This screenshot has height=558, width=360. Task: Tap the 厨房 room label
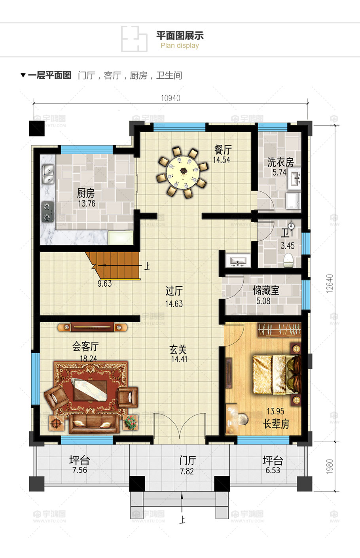coord(86,193)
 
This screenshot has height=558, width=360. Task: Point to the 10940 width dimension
coord(171,98)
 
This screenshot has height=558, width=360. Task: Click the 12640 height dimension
coord(330,283)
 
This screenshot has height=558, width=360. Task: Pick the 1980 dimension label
coord(330,467)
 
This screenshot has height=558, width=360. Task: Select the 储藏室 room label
coord(266,291)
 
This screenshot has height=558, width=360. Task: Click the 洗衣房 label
coord(280,162)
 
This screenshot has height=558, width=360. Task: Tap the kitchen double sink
coord(48,175)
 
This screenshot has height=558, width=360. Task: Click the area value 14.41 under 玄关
coord(179,359)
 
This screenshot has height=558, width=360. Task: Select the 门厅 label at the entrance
coord(187,460)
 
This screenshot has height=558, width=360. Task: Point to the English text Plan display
coord(180,46)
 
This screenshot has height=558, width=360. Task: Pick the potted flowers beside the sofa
coord(130,422)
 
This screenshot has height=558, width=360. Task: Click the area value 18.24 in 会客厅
coord(88,359)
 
